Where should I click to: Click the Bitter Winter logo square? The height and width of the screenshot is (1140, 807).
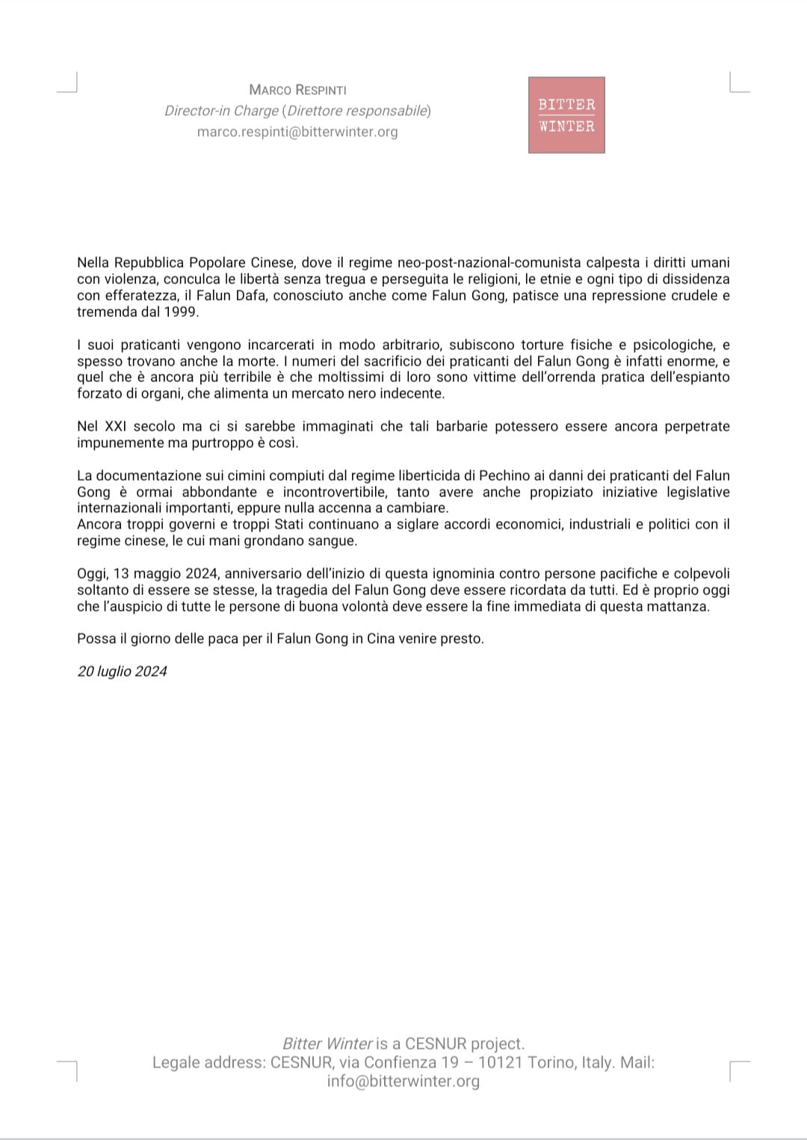pyautogui.click(x=566, y=115)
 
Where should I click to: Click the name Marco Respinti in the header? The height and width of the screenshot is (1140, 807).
pyautogui.click(x=297, y=90)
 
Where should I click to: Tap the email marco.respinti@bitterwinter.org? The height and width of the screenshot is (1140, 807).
pyautogui.click(x=297, y=132)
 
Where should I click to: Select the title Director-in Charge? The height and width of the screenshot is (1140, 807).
pyautogui.click(x=221, y=111)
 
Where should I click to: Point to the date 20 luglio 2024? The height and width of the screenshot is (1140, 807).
pyautogui.click(x=122, y=671)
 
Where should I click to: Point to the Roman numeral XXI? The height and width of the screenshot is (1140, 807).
pyautogui.click(x=115, y=426)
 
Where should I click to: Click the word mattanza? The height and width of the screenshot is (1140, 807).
pyautogui.click(x=679, y=606)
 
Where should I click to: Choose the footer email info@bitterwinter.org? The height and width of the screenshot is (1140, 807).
pyautogui.click(x=403, y=1081)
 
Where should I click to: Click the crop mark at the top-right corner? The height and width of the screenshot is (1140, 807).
pyautogui.click(x=738, y=82)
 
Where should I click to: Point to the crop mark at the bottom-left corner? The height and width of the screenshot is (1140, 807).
pyautogui.click(x=68, y=1070)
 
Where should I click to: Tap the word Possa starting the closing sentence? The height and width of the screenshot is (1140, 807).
pyautogui.click(x=96, y=638)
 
